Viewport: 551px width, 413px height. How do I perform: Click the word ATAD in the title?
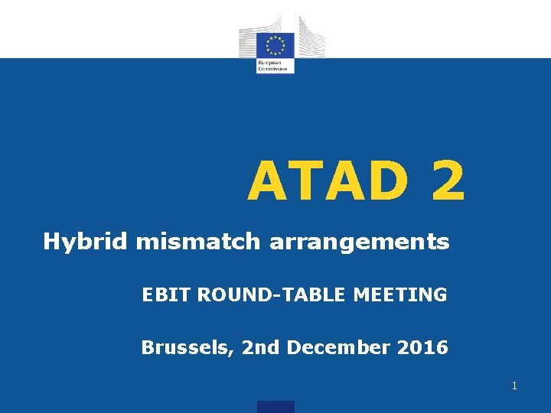point(331,182)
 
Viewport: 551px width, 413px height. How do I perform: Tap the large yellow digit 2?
point(447,182)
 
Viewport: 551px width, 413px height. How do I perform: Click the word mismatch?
point(200,242)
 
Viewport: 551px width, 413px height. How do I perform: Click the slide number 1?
point(514,386)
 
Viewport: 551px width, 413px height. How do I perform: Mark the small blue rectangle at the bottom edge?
point(275,407)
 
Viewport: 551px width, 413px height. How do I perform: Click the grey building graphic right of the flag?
point(310,38)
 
